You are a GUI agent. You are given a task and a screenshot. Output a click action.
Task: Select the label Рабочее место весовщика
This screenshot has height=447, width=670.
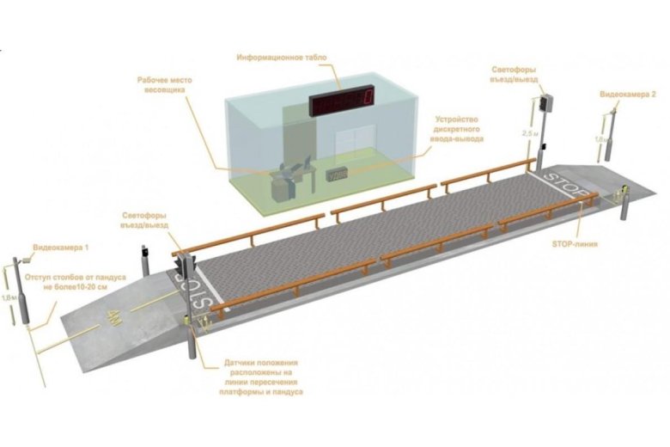coord(164,85)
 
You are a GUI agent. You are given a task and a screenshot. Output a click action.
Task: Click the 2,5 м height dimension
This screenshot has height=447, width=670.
coord(532,133)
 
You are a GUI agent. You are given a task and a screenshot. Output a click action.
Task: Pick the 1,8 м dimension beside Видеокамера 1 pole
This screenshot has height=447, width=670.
coord(8,297)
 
